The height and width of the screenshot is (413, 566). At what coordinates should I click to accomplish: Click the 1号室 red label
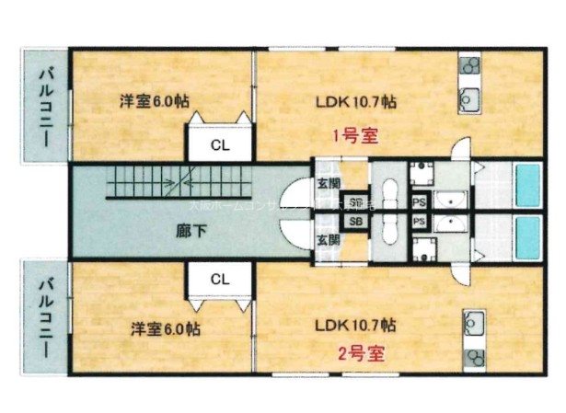pyautogui.click(x=354, y=137)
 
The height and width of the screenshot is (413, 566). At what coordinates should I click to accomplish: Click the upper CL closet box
pyautogui.click(x=219, y=143)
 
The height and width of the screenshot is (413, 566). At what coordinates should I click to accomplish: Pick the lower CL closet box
pyautogui.click(x=219, y=279)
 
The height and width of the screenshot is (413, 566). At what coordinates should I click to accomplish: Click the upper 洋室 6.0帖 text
pyautogui.click(x=159, y=99)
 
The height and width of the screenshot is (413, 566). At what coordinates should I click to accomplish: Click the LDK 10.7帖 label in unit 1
pyautogui.click(x=354, y=100)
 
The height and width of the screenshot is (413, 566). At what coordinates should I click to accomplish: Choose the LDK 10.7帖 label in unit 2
pyautogui.click(x=354, y=325)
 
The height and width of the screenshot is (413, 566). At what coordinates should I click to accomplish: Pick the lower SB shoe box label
pyautogui.click(x=329, y=222)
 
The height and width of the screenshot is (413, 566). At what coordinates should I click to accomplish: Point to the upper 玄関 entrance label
pyautogui.click(x=329, y=181)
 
